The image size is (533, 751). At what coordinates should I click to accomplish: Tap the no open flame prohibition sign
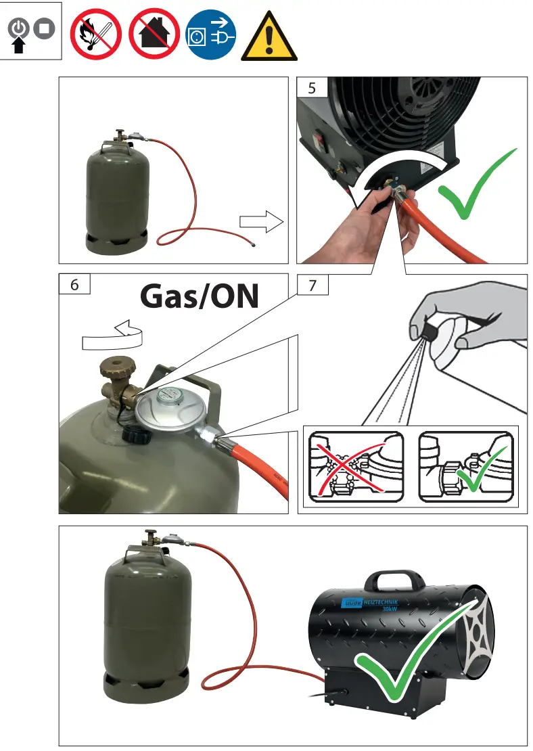96,33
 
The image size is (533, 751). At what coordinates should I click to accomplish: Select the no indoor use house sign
154,33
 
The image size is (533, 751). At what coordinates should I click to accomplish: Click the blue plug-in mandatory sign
211,33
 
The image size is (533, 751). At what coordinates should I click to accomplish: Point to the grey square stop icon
44,30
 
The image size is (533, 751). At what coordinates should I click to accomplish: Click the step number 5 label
311,88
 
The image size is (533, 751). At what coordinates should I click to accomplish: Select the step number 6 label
74,285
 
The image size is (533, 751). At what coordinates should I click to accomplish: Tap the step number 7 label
312,285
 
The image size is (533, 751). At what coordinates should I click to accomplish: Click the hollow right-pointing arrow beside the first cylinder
260,221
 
